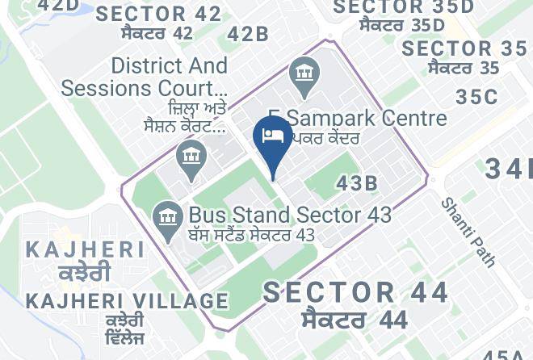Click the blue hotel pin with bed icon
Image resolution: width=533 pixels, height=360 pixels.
coord(273,138)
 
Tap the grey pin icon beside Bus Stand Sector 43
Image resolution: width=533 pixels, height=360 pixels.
coord(168,217)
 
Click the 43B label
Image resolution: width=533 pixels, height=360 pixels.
coord(357,183)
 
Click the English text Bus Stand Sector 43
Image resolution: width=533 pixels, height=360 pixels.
coord(290,215)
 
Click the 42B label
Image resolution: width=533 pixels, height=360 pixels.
coord(248,34)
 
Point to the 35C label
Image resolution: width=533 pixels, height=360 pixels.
coord(476,97)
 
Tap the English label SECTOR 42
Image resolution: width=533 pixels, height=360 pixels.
coord(158,14)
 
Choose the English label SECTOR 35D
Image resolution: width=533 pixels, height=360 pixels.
coord(404,7)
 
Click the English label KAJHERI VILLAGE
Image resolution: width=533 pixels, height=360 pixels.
coord(127,301)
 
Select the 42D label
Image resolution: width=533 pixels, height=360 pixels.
coord(59,6)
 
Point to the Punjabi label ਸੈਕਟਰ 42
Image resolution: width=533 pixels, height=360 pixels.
coord(157,33)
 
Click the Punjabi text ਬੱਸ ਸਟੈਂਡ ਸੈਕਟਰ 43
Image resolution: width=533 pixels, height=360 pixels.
coord(251,235)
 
